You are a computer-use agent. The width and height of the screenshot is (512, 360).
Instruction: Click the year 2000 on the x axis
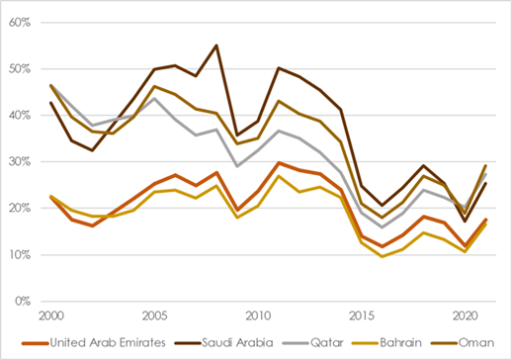[51, 315]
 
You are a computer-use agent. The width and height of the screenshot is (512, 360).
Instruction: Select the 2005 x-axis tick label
[154, 315]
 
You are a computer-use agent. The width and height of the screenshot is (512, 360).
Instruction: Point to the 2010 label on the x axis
[257, 315]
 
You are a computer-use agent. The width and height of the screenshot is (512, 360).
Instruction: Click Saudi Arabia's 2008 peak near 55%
[216, 45]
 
